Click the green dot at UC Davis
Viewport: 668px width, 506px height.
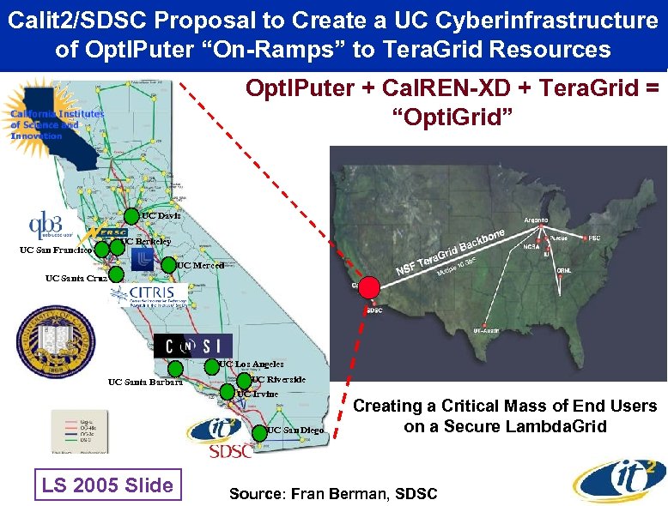click(x=131, y=216)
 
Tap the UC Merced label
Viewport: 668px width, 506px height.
click(x=200, y=266)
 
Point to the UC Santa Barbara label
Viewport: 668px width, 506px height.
click(x=144, y=382)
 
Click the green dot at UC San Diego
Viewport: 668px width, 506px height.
click(x=257, y=429)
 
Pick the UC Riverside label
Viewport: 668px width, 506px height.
click(x=278, y=379)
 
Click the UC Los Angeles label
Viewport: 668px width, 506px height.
click(x=252, y=364)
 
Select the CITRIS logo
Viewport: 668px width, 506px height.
click(x=148, y=296)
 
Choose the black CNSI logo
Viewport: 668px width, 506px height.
click(x=193, y=346)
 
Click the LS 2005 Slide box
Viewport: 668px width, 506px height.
click(x=107, y=485)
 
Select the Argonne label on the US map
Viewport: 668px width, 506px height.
click(x=537, y=220)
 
